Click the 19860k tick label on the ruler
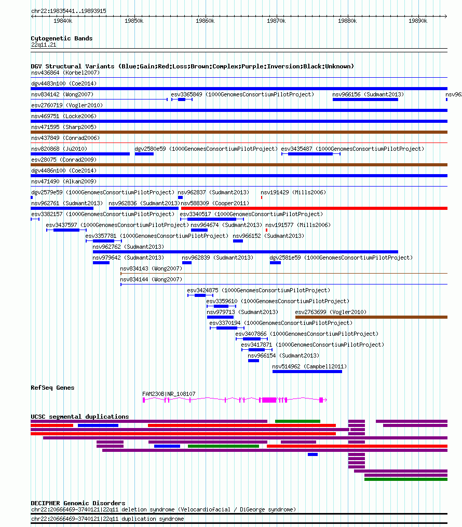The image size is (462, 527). pos(205,21)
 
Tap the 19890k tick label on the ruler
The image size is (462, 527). pos(417,21)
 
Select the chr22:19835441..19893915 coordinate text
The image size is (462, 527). pos(69,11)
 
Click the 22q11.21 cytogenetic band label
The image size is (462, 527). pos(44,45)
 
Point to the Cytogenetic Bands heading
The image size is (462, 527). pos(62,38)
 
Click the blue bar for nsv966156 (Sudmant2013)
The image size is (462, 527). pos(365,99)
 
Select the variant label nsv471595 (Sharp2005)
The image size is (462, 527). pos(64,127)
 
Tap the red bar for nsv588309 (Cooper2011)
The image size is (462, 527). pos(314,208)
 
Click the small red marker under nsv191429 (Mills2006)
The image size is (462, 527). pos(262,197)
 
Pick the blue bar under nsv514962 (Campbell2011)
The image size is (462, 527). pos(307,372)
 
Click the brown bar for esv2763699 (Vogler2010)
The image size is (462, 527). pos(372,317)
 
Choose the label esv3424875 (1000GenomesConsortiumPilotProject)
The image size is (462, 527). pos(259,290)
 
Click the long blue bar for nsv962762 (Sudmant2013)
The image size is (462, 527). pos(246,252)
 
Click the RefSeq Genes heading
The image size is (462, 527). pos(52,388)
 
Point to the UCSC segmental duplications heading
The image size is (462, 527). pos(80,417)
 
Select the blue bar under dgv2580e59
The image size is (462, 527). pos(144,154)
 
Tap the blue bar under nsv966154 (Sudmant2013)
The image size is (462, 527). pos(253,361)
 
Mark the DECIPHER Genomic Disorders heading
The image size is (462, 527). pos(78,503)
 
